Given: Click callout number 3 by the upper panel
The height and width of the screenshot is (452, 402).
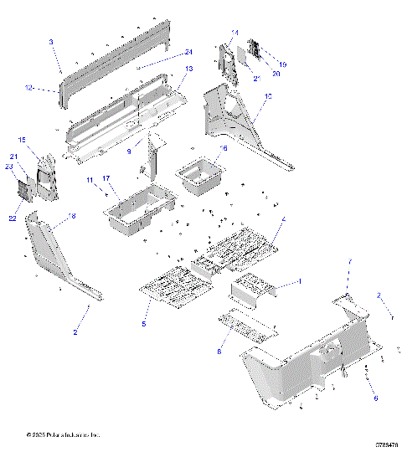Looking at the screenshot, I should tap(51, 42).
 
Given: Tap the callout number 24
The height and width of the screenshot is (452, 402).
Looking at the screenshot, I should tap(188, 52).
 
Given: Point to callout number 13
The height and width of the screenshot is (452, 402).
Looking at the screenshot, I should tap(189, 69).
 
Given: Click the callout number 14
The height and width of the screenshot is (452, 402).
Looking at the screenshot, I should tap(234, 33).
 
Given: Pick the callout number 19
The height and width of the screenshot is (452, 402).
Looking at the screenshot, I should tap(282, 64).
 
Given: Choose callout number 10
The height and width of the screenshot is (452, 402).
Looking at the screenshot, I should tap(267, 97).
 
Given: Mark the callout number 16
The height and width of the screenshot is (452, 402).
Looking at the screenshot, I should tap(223, 148).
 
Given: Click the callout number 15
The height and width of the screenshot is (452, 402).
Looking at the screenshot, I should tap(22, 140).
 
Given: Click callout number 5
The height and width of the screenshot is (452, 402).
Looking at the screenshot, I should tap(143, 323).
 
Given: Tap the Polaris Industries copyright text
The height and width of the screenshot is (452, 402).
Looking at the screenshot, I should tap(63, 435).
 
